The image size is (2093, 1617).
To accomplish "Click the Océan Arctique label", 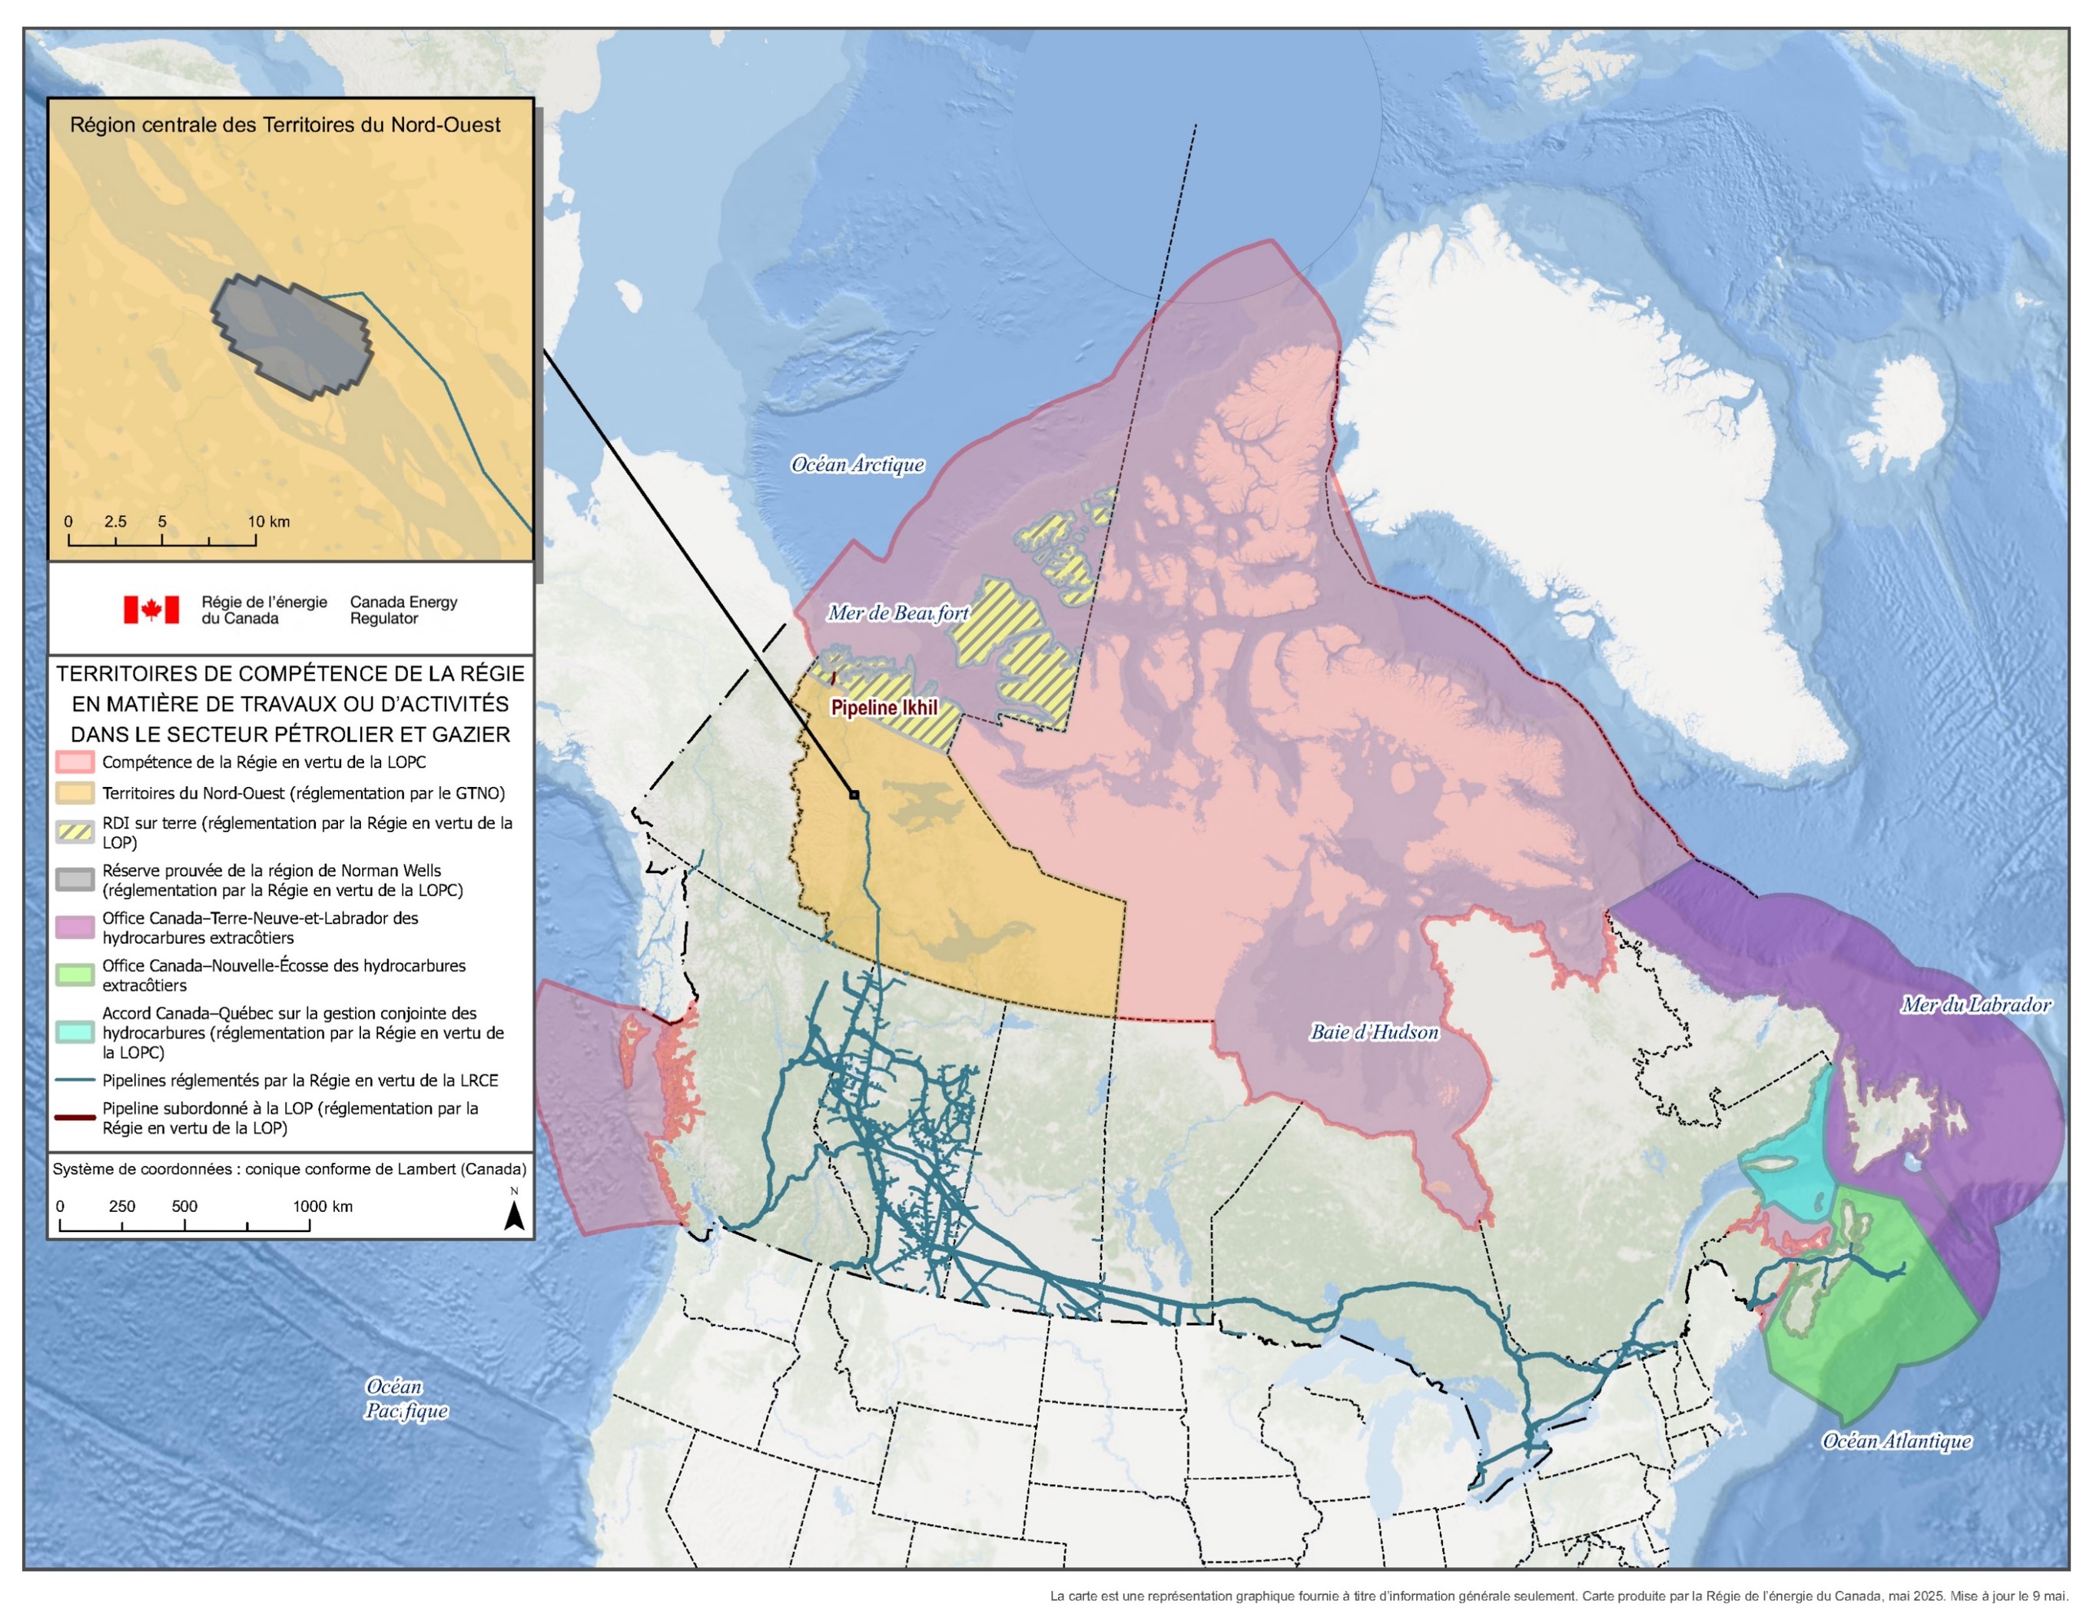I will [x=857, y=465].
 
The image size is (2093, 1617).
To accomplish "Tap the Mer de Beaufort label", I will [x=898, y=613].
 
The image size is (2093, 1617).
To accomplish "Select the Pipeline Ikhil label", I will [x=884, y=707].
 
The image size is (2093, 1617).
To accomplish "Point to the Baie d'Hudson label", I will [x=1375, y=1032].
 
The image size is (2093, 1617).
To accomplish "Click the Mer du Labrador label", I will [x=1975, y=1004].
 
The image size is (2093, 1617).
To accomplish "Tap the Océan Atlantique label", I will [x=1896, y=1441].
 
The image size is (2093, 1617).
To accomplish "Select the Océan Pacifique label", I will [x=406, y=1399].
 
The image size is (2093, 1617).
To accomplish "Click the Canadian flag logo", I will [x=151, y=609].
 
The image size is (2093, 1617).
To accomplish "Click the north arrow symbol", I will [x=514, y=1215].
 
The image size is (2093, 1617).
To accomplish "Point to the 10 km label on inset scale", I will [x=268, y=521].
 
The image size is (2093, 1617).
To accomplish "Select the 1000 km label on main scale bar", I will [x=323, y=1206].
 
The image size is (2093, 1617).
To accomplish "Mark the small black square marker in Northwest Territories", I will [x=854, y=795].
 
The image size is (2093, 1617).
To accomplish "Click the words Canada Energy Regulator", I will [x=403, y=609].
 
